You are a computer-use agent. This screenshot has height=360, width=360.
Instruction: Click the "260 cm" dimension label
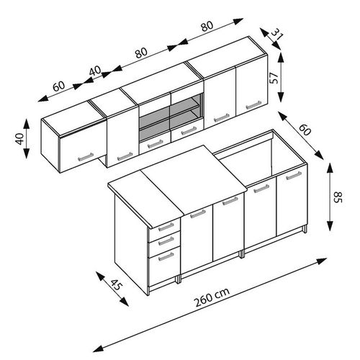coord(212,297)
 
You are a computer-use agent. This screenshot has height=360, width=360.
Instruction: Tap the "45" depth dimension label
coord(117,284)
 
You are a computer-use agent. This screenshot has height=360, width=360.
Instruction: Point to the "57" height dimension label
coord(274,78)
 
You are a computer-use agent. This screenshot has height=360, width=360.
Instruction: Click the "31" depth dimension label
coord(277,34)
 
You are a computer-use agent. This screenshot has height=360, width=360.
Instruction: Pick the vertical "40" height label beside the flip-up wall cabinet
coord(20,139)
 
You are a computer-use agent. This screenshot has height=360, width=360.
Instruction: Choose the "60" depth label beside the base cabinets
coord(305,130)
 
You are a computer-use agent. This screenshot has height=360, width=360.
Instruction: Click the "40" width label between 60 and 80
coord(95,71)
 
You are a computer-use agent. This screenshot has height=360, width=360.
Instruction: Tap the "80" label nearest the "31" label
coord(207,26)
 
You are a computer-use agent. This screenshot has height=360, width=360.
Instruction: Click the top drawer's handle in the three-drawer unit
coord(166,226)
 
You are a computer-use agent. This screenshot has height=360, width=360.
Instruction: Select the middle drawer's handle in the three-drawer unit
coord(166,240)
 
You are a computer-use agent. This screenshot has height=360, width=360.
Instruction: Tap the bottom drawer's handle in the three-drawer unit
coord(166,256)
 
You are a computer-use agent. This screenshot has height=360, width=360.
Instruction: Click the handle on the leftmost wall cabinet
coord(86,157)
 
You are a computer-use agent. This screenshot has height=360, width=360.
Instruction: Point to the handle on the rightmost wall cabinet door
coord(253,104)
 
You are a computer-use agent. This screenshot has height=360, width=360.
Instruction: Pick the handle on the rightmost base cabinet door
coord(294,176)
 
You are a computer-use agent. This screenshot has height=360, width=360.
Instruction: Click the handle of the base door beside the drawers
coord(198,214)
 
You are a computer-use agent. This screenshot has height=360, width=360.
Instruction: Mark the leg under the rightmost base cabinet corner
coord(305,229)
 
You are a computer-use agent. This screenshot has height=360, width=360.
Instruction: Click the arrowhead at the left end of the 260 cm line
coord(98,347)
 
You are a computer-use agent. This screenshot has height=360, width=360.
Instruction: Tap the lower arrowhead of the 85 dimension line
coord(330,225)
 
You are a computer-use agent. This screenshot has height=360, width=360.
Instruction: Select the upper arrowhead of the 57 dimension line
coord(281,57)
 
